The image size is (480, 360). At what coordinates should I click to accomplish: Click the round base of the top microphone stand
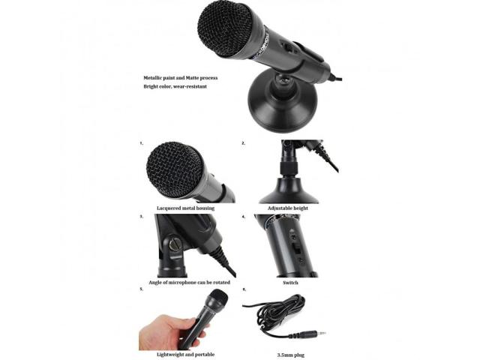tap(282, 106)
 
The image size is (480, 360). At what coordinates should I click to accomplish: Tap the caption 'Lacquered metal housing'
tap(185, 208)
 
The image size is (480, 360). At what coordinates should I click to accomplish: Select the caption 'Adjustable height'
tap(288, 208)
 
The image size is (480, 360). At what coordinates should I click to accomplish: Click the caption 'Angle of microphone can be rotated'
tap(189, 282)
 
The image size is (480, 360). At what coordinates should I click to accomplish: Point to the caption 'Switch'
tap(290, 283)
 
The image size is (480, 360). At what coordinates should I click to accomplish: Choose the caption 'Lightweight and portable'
tap(185, 355)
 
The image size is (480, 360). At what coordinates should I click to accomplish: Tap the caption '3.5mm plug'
tap(291, 355)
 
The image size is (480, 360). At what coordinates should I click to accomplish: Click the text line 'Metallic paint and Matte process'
tap(181, 78)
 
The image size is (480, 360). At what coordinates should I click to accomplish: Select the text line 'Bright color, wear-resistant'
tap(175, 87)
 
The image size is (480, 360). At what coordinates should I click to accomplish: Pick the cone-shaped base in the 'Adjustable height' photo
tap(289, 191)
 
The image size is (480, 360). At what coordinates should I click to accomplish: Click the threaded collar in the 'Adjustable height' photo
tap(289, 169)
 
